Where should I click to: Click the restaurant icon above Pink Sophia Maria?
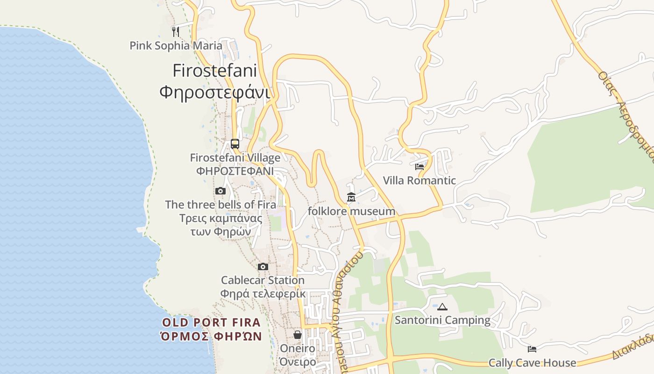point(176,31)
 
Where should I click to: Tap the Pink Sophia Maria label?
point(176,46)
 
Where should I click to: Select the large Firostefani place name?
point(215,71)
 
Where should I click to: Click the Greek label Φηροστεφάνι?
point(215,92)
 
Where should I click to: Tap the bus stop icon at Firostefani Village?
point(235,144)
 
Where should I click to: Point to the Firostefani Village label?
point(235,158)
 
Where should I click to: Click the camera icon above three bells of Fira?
point(220,191)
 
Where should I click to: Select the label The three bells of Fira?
point(220,204)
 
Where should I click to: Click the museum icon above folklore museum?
point(351,197)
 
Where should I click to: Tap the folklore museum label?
point(351,211)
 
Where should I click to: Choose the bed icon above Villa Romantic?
point(419,166)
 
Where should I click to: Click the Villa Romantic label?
point(419,180)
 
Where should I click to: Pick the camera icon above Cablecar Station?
point(263,266)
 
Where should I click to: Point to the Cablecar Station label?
point(263,280)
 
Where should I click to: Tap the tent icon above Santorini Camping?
point(442,307)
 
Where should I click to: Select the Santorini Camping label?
point(442,320)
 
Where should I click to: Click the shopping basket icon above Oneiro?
point(298,335)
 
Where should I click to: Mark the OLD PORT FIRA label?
point(211,323)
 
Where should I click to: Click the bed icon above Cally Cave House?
point(532,349)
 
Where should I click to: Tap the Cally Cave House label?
point(532,363)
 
